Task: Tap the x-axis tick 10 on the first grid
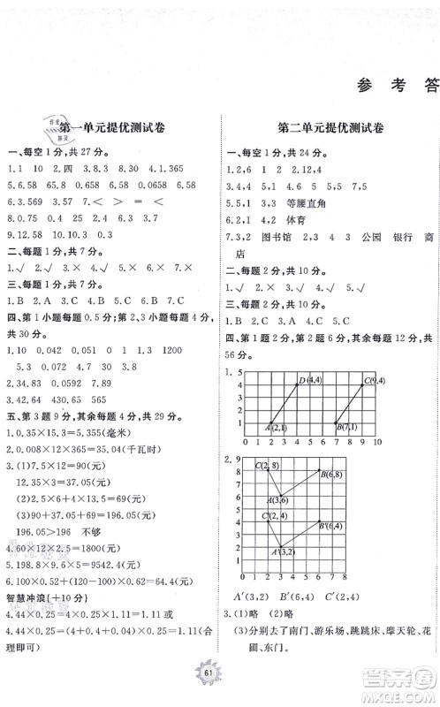378,441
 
